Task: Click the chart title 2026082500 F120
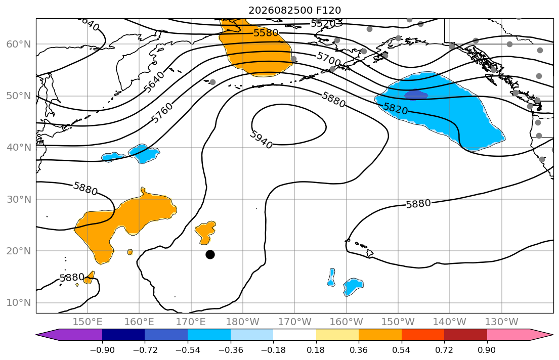pyautogui.click(x=294, y=10)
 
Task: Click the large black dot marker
pyautogui.click(x=210, y=254)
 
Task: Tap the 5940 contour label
pyautogui.click(x=262, y=140)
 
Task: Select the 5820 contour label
pyautogui.click(x=396, y=108)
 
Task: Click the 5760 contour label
pyautogui.click(x=162, y=112)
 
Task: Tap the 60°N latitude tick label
pyautogui.click(x=19, y=44)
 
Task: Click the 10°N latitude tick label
pyautogui.click(x=19, y=303)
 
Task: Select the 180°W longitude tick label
pyautogui.click(x=243, y=322)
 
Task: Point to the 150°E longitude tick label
pyautogui.click(x=88, y=322)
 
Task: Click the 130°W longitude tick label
pyautogui.click(x=502, y=322)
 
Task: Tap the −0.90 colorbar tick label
pyautogui.click(x=102, y=350)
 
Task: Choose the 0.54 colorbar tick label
pyautogui.click(x=402, y=350)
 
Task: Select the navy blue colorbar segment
pyautogui.click(x=123, y=335)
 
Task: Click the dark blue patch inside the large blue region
pyautogui.click(x=416, y=95)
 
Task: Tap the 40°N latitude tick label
pyautogui.click(x=19, y=148)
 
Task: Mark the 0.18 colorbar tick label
pyautogui.click(x=316, y=350)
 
